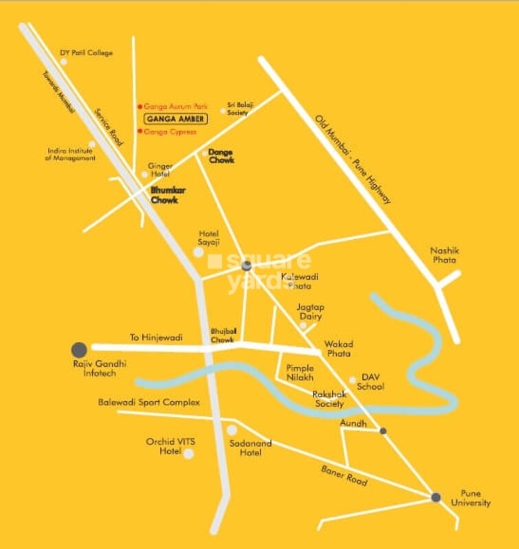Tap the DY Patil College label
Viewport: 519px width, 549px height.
(x=87, y=53)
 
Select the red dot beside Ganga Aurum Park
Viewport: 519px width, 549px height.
(x=140, y=107)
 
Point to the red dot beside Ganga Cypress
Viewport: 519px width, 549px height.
(x=140, y=131)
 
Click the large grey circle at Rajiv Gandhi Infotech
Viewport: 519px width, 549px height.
(x=79, y=349)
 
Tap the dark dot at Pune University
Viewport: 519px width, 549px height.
(x=435, y=497)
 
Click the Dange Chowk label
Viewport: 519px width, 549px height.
(x=221, y=155)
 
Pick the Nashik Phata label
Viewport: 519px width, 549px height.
(x=445, y=256)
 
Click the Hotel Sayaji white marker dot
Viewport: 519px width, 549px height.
(x=199, y=252)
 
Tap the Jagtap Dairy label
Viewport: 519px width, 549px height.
(x=311, y=312)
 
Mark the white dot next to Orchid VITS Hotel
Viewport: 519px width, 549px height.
(x=188, y=453)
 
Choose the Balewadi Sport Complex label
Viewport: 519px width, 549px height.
(x=148, y=402)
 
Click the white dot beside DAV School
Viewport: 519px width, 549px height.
(x=352, y=379)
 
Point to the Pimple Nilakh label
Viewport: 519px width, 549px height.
(x=300, y=373)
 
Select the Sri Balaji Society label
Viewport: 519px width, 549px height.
(x=241, y=108)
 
